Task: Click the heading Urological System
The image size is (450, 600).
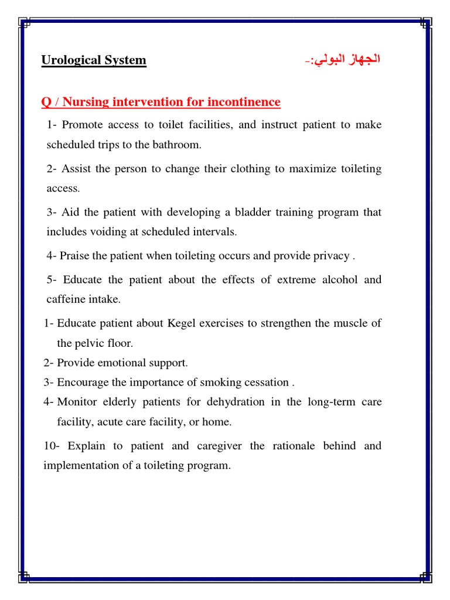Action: pos(94,60)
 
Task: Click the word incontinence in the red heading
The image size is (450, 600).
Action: pos(241,103)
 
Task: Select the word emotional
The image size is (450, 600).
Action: pos(117,363)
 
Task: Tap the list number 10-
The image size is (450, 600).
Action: pos(52,446)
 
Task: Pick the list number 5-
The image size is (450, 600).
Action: pos(52,279)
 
